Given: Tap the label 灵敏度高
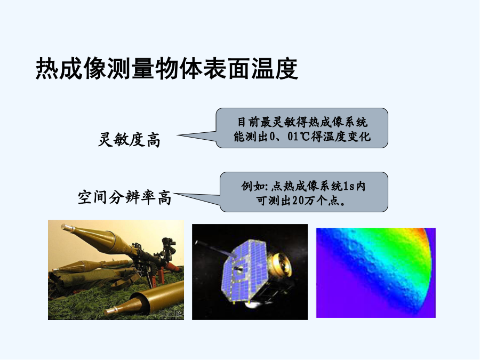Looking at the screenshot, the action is coord(129,140).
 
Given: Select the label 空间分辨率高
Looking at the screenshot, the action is coord(125,197).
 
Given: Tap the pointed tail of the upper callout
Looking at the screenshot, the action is coord(178,135).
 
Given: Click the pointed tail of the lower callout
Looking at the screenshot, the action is coord(174,193).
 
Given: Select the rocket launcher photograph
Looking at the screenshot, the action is coord(116,270).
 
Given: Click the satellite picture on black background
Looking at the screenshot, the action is coord(250,272).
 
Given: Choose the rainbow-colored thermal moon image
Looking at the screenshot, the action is coord(375,273).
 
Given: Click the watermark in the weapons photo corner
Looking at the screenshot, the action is coord(171,314).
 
